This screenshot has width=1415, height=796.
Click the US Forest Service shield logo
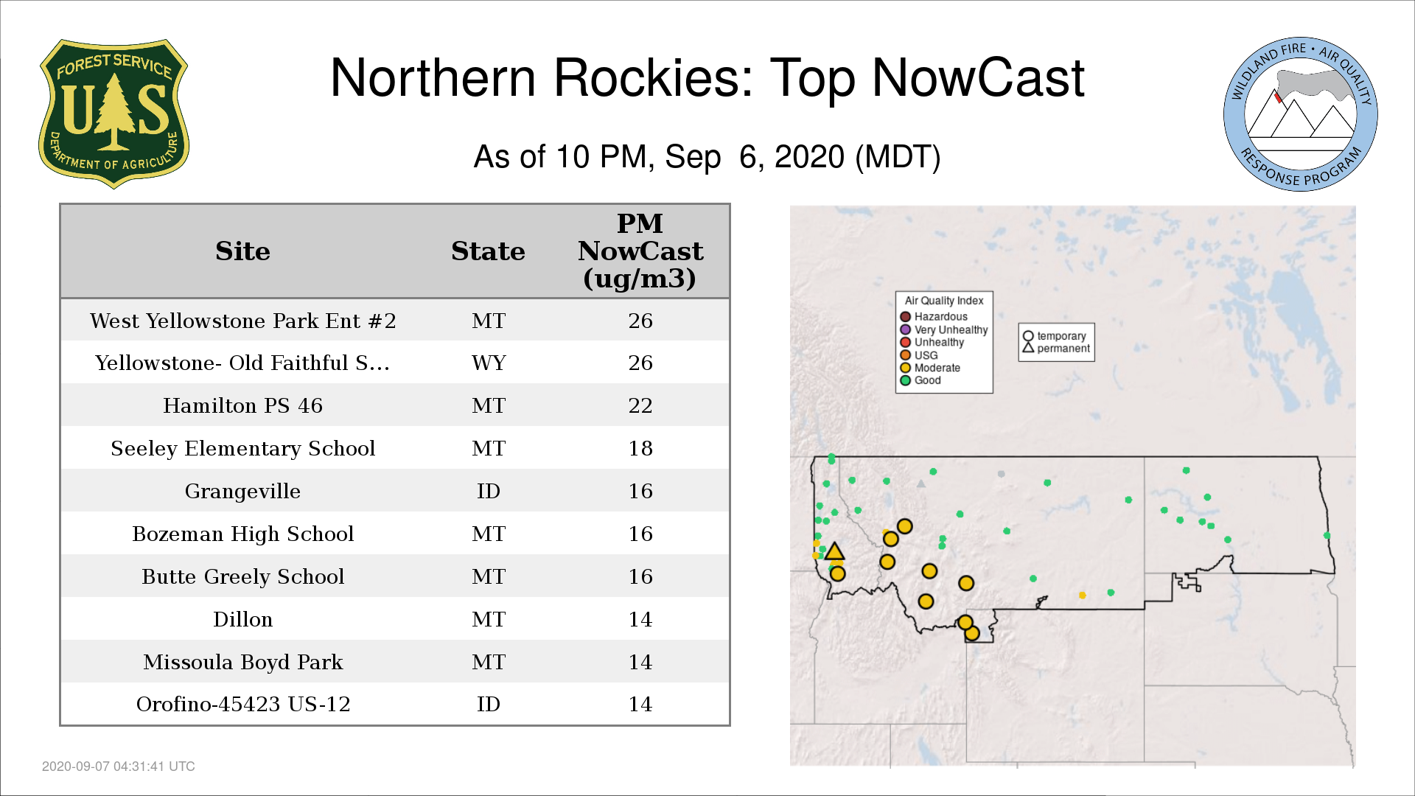tap(113, 114)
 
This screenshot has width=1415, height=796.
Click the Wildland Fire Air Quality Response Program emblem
tap(1300, 114)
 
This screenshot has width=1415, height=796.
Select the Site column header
tap(242, 251)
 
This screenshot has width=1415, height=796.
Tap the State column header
tap(488, 251)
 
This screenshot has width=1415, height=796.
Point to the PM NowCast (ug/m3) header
tap(640, 251)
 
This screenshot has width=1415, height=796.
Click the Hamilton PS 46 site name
tap(242, 405)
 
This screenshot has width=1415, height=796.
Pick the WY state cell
tap(489, 363)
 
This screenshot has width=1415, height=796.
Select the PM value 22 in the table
tap(640, 405)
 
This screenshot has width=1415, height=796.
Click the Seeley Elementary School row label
tap(242, 448)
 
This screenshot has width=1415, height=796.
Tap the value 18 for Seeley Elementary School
tap(640, 448)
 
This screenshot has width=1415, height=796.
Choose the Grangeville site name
tap(242, 491)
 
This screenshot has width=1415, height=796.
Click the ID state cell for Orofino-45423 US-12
tap(488, 704)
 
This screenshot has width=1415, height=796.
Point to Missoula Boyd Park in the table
tap(242, 662)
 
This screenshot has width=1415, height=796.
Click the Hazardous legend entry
tap(934, 317)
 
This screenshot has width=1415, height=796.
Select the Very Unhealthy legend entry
tap(944, 329)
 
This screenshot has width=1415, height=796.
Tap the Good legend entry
tap(920, 380)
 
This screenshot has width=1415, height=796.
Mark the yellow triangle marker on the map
tap(834, 552)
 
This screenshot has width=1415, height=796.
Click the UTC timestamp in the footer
tap(119, 767)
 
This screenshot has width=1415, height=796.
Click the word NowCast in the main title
tap(978, 77)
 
